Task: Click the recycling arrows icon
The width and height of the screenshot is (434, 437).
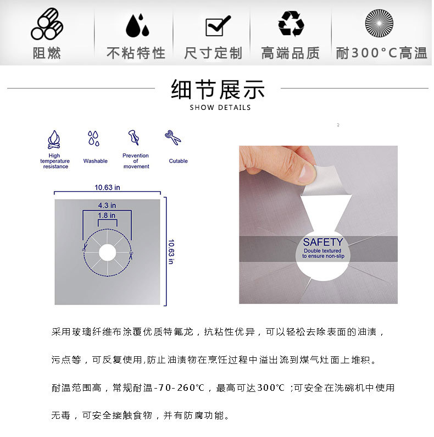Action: (x=291, y=24)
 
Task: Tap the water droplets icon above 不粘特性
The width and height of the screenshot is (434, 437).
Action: (x=137, y=25)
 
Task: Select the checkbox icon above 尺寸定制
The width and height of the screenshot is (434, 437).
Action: (x=218, y=26)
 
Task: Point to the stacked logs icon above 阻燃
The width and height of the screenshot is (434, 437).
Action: (x=47, y=24)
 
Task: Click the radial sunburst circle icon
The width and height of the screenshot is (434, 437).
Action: (x=379, y=23)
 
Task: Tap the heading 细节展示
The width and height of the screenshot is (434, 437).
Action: (x=218, y=90)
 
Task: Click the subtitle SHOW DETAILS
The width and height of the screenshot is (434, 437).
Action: (x=220, y=108)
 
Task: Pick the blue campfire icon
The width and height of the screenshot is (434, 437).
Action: (x=54, y=140)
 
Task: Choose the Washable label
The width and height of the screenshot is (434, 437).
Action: (x=95, y=161)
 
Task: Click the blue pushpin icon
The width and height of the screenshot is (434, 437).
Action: (x=133, y=137)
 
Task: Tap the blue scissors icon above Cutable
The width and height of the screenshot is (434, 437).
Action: (x=173, y=137)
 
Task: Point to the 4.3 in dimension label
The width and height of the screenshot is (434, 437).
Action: (x=107, y=206)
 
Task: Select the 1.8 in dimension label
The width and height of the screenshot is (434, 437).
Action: (x=107, y=215)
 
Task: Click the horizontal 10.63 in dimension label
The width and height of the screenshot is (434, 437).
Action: (x=107, y=187)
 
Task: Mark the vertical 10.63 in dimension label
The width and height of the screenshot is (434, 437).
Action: (x=171, y=251)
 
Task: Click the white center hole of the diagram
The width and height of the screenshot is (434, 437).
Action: (x=108, y=253)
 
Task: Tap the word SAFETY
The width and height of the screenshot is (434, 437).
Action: (x=323, y=242)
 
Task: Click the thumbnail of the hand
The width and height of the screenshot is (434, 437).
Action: (x=279, y=164)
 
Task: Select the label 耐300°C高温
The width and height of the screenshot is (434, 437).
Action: (x=381, y=53)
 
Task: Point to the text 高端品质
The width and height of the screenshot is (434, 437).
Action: (x=290, y=53)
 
